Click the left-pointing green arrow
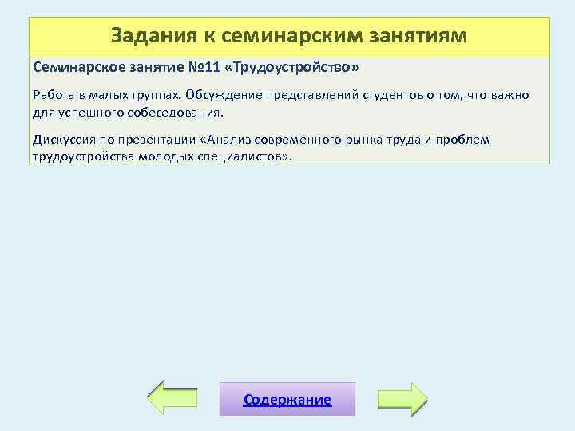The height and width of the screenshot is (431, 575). [174, 397]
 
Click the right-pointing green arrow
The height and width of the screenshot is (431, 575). [402, 397]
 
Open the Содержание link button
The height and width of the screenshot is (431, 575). [287, 399]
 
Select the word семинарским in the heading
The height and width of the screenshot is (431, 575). [291, 36]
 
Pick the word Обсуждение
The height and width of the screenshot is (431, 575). [222, 96]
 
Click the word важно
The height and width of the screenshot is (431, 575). [511, 96]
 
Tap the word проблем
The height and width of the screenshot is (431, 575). [464, 140]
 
